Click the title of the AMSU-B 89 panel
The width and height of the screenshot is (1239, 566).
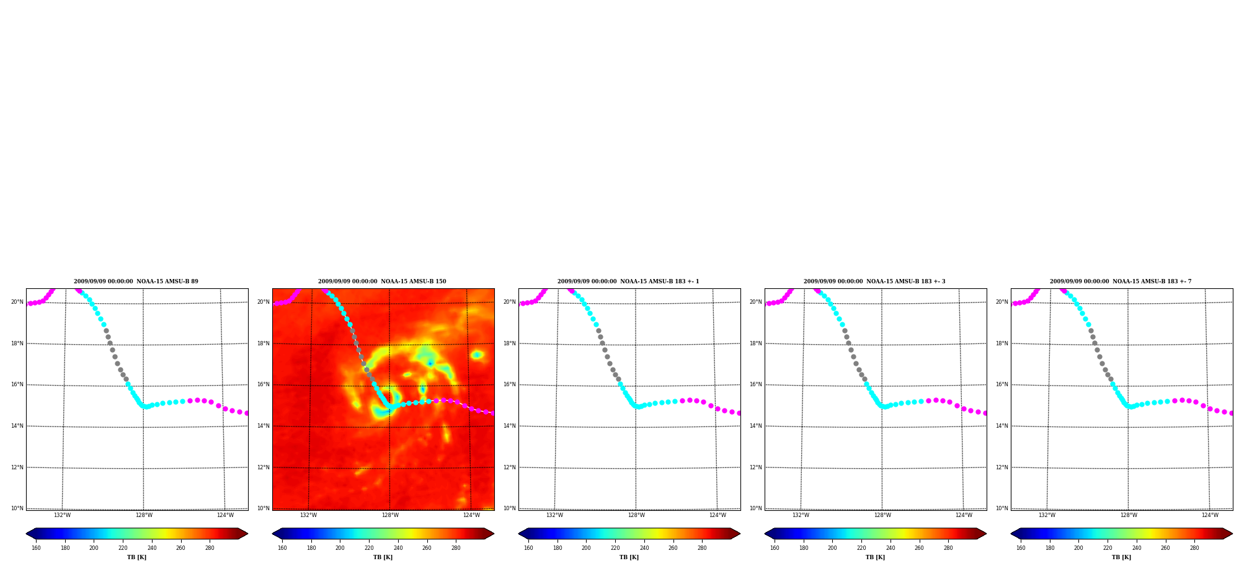tap(136, 281)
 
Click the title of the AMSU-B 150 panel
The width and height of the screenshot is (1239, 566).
tap(382, 281)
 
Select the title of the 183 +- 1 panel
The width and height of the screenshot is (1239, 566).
tap(628, 281)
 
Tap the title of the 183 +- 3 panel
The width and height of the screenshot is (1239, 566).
tap(874, 281)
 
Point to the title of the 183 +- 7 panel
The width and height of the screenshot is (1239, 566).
tap(1121, 281)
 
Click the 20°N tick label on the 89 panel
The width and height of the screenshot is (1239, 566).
tap(17, 303)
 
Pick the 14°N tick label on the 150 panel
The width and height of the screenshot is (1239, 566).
tap(264, 426)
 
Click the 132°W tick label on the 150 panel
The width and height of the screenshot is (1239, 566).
tap(308, 515)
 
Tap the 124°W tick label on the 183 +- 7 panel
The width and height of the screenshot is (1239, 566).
tap(1210, 515)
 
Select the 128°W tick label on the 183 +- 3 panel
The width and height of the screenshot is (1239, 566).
tap(882, 515)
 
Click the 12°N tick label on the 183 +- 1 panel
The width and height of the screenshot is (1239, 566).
tap(510, 467)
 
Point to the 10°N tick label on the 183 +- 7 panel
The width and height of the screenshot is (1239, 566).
tap(1002, 508)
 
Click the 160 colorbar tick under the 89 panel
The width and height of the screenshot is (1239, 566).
tap(36, 548)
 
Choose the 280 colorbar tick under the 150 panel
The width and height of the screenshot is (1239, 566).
tap(456, 548)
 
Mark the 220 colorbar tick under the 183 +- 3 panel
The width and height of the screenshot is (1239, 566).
tap(861, 548)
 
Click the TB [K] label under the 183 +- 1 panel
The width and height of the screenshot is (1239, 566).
tap(629, 557)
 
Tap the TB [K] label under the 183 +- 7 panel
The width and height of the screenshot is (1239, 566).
tap(1121, 557)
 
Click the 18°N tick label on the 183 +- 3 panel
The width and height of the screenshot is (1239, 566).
tap(756, 343)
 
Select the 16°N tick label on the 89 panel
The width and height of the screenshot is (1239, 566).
tap(17, 384)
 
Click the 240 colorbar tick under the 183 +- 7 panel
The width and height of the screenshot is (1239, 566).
tap(1137, 548)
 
